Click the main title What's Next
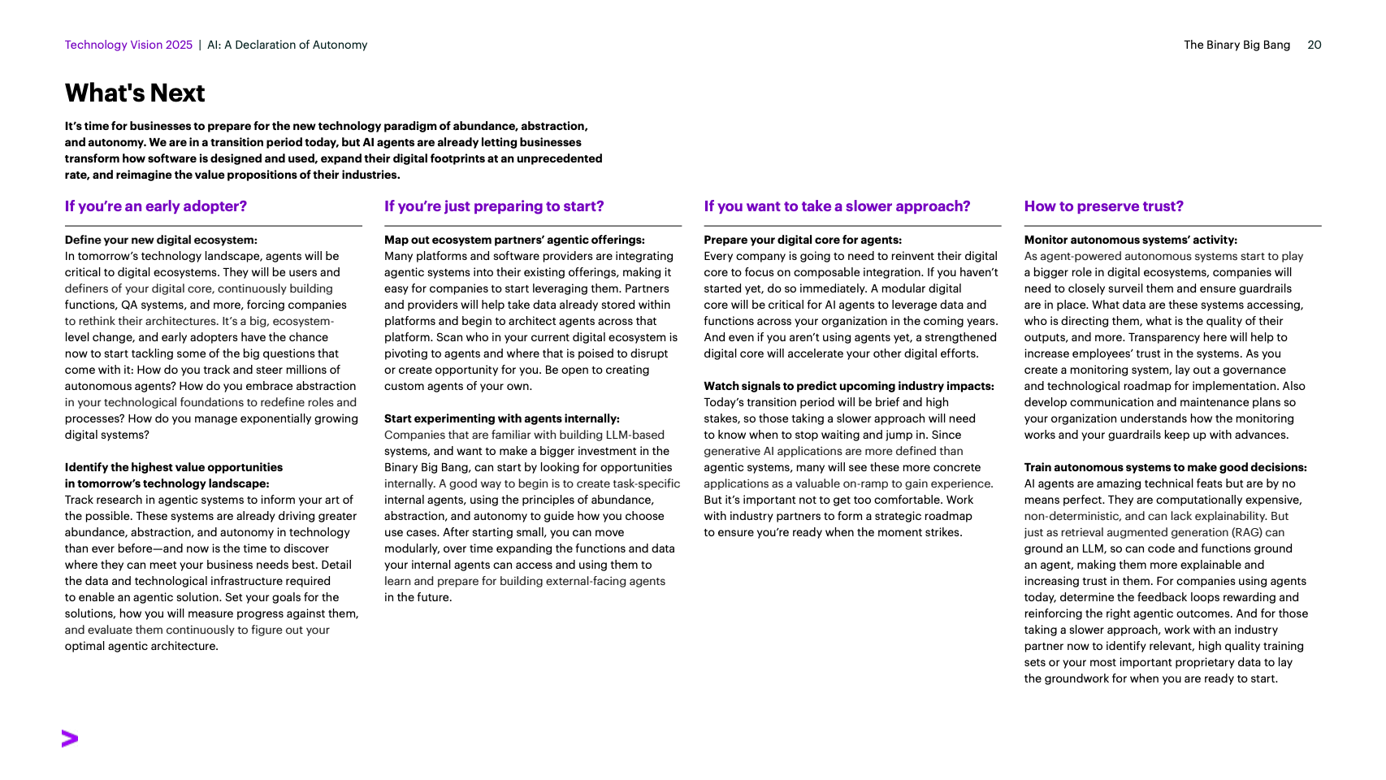tap(135, 93)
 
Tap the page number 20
tap(1314, 45)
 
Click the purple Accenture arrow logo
tap(70, 739)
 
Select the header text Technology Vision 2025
tap(128, 45)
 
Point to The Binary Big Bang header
tap(1237, 45)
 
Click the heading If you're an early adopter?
tap(156, 206)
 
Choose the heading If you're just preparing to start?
tap(494, 206)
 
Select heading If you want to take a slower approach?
tap(837, 206)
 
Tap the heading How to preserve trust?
tap(1103, 206)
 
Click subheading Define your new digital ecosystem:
tap(161, 240)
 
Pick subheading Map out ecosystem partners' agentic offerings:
tap(514, 240)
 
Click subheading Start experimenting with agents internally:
tap(501, 418)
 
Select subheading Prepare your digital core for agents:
tap(803, 240)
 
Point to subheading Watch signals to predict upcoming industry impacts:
tap(849, 386)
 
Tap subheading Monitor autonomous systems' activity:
tap(1130, 240)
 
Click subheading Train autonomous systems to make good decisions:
tap(1165, 467)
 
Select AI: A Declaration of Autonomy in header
tap(287, 45)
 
